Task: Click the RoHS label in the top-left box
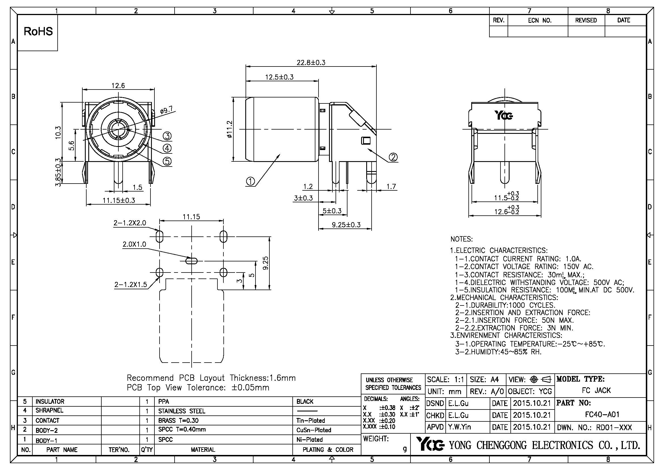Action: pyautogui.click(x=38, y=32)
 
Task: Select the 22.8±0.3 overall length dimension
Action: pyautogui.click(x=311, y=63)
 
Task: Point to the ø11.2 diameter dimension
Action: pyautogui.click(x=230, y=129)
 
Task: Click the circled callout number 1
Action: pyautogui.click(x=250, y=182)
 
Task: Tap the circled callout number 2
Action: pyautogui.click(x=393, y=157)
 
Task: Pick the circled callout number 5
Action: pyautogui.click(x=167, y=161)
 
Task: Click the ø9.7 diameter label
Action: pyautogui.click(x=167, y=110)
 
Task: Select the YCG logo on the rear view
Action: pyautogui.click(x=503, y=115)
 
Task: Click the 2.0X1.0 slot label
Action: pyautogui.click(x=134, y=244)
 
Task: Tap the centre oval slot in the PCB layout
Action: pyautogui.click(x=191, y=261)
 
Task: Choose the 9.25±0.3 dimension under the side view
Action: pyautogui.click(x=346, y=225)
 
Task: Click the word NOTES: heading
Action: pyautogui.click(x=462, y=239)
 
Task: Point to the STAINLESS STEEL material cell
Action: pyautogui.click(x=182, y=411)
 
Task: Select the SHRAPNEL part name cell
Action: pyautogui.click(x=49, y=410)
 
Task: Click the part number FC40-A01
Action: pyautogui.click(x=602, y=414)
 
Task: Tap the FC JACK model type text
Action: pyautogui.click(x=596, y=390)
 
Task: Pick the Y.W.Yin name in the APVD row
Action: pyautogui.click(x=460, y=427)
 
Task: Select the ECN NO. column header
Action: pyautogui.click(x=540, y=20)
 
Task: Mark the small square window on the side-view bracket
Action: pyautogui.click(x=366, y=141)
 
